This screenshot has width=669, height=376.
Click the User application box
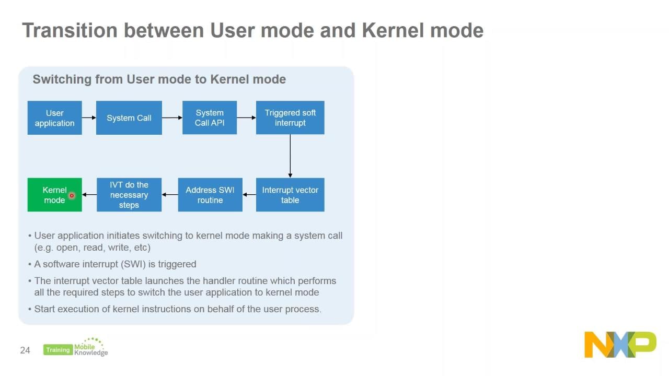coord(54,118)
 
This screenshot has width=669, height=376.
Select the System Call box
coord(129,118)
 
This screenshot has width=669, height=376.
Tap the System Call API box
coord(210,118)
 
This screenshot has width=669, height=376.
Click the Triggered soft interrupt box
coord(290,118)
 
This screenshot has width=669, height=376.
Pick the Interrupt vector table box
coord(290,195)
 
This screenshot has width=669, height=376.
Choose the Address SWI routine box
coord(210,195)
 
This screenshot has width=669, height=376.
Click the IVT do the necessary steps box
coord(129,195)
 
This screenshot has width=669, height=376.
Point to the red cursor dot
coord(72,196)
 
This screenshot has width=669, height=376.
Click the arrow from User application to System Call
coord(89,118)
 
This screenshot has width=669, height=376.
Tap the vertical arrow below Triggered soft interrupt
coord(290,156)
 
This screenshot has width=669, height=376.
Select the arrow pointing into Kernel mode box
coord(89,195)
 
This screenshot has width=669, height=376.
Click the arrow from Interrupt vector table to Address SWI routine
coord(249,195)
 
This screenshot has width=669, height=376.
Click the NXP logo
coord(620,345)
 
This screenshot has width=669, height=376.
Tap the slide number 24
coord(25,350)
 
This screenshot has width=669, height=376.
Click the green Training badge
coord(57,350)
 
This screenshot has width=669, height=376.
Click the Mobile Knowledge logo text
coord(91,349)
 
